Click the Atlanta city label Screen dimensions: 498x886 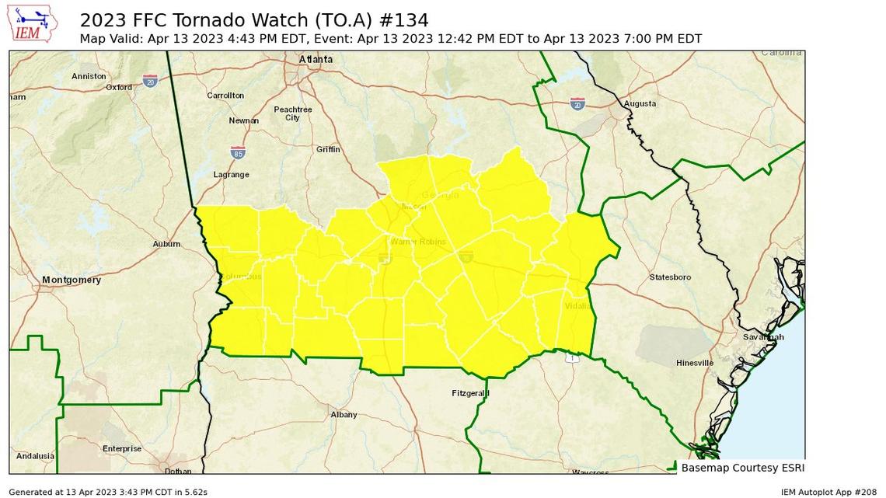316,60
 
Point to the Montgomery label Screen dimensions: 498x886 72,280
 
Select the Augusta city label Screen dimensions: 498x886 640,103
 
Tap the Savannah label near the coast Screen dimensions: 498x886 762,337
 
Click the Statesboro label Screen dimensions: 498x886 670,277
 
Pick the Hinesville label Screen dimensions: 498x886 694,363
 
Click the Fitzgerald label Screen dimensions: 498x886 470,394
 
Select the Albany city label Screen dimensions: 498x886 344,415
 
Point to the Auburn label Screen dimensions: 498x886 167,244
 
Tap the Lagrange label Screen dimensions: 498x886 232,175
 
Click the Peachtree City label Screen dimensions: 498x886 293,113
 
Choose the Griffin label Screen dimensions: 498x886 328,150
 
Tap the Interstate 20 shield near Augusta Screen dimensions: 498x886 577,103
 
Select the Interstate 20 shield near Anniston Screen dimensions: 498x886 151,81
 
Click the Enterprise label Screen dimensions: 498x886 122,448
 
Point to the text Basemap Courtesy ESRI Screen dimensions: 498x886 742,468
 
